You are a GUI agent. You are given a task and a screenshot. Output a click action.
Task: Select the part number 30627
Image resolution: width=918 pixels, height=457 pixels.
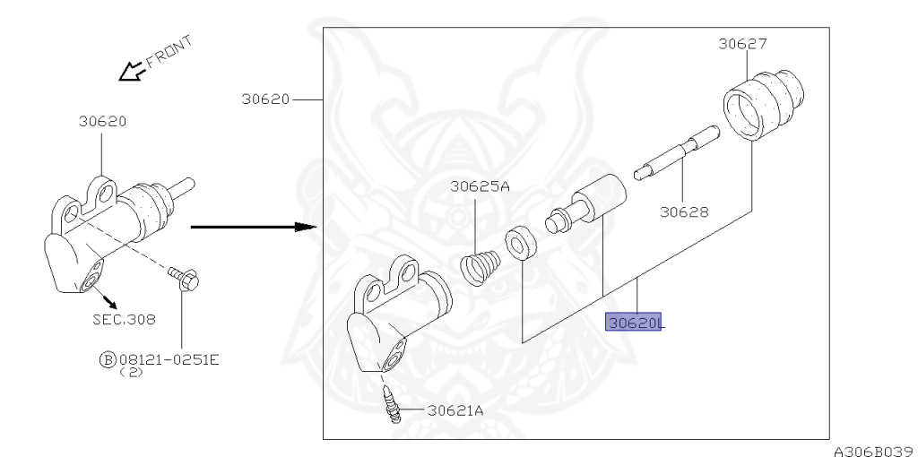743,43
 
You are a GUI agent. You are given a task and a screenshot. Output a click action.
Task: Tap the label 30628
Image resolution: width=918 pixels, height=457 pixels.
684,211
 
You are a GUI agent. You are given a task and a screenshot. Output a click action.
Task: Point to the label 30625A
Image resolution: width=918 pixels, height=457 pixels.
481,186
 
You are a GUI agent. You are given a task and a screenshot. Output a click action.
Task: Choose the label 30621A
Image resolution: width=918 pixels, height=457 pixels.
455,410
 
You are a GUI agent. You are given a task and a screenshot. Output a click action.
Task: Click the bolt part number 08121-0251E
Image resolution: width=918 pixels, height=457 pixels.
169,359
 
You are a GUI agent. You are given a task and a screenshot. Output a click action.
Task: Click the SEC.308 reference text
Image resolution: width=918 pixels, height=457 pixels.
124,320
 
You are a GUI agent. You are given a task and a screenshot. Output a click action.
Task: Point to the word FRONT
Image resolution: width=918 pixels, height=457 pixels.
169,51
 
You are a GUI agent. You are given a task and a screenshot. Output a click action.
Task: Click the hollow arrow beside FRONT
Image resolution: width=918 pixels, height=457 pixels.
131,72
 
